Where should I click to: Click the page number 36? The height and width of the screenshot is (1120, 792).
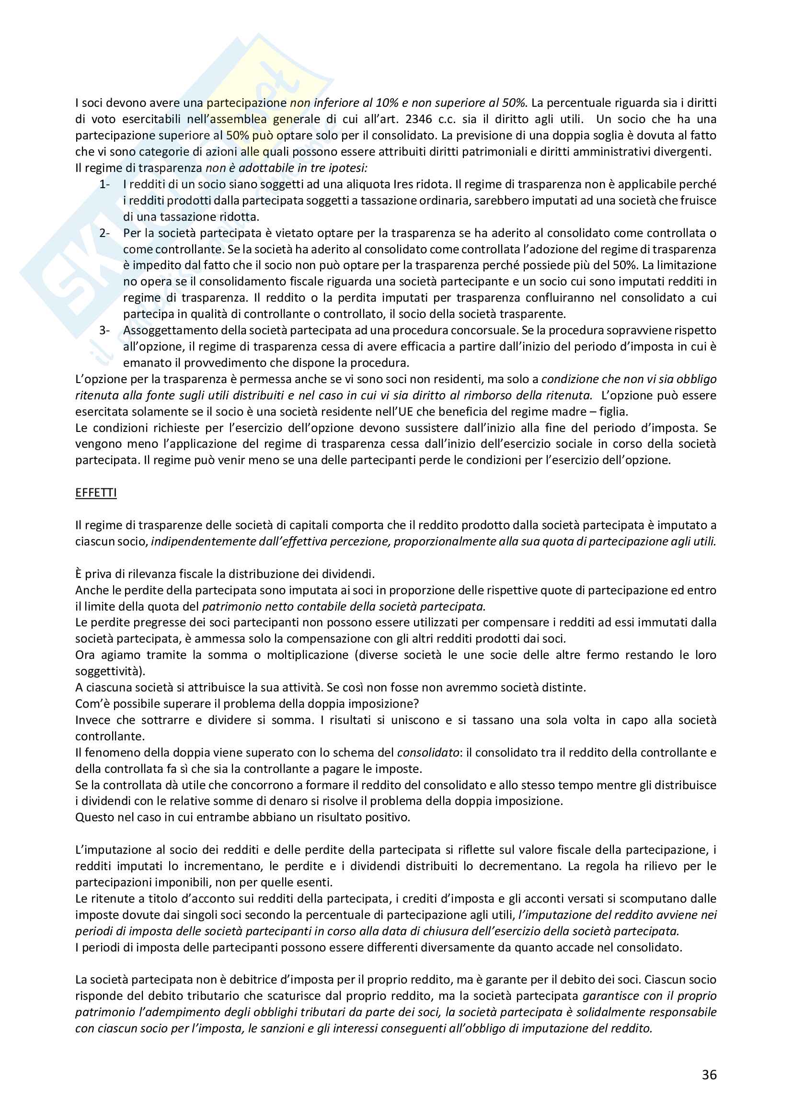pos(709,1088)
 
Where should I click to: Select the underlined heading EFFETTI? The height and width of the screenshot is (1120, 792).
pos(96,493)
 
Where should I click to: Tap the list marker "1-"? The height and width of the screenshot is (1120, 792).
pos(104,184)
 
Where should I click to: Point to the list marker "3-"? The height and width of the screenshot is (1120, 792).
pos(104,330)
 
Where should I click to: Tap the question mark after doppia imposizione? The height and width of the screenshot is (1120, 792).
pos(416,704)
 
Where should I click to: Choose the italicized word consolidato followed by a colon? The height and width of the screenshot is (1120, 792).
pos(428,753)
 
